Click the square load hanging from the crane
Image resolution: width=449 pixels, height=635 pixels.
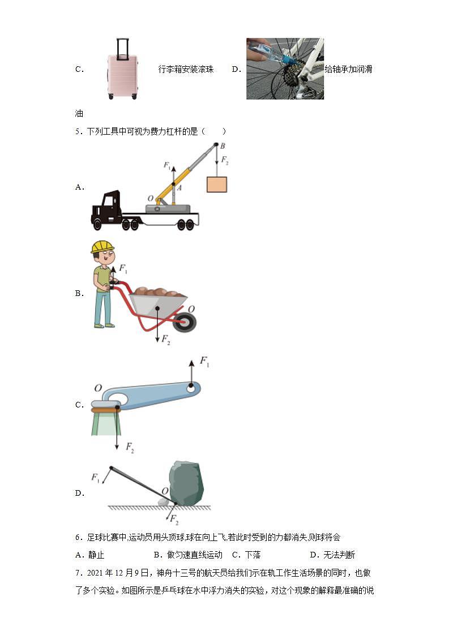(x=216, y=185)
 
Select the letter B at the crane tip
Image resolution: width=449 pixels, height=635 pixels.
(x=223, y=146)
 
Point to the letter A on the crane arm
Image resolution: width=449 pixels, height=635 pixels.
(x=179, y=187)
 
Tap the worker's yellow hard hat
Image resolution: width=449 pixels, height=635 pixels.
(x=102, y=246)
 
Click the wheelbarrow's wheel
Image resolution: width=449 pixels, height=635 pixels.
(x=186, y=323)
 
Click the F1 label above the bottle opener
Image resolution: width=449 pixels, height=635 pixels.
(x=204, y=362)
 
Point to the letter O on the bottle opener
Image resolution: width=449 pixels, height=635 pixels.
(x=98, y=388)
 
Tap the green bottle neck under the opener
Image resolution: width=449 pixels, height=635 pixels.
(x=105, y=423)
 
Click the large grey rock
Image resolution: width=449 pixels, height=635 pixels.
(x=186, y=483)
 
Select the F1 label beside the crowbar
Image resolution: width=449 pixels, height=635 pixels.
(x=95, y=478)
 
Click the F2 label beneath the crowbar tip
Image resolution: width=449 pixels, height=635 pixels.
(x=174, y=520)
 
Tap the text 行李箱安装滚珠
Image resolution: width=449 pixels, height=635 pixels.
(x=186, y=70)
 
